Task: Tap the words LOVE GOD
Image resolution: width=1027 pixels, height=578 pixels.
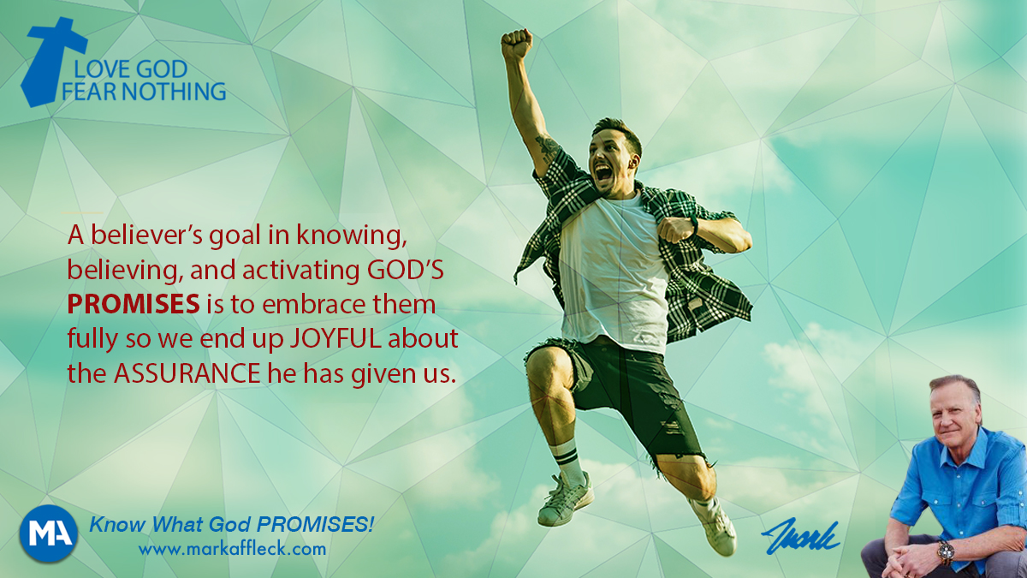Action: (131, 69)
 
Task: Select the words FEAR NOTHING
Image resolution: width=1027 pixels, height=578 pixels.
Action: (144, 92)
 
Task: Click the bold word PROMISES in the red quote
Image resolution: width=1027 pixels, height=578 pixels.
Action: (134, 304)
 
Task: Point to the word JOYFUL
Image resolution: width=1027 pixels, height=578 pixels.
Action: (335, 338)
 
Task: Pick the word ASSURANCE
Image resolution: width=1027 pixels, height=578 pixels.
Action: (187, 373)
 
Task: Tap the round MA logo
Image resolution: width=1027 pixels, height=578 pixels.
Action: (49, 533)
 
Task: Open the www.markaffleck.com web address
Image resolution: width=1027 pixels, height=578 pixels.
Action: (233, 549)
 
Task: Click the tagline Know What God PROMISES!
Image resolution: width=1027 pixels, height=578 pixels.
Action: (232, 524)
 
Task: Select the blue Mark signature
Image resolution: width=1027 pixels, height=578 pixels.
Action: (800, 536)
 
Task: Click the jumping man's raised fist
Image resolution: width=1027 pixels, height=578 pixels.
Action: (517, 44)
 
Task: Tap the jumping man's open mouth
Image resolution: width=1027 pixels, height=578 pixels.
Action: (603, 173)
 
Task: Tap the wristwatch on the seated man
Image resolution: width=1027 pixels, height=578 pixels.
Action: (946, 552)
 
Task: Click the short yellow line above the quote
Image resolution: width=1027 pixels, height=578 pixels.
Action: (83, 213)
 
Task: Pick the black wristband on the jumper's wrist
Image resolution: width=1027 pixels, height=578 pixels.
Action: (694, 225)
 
